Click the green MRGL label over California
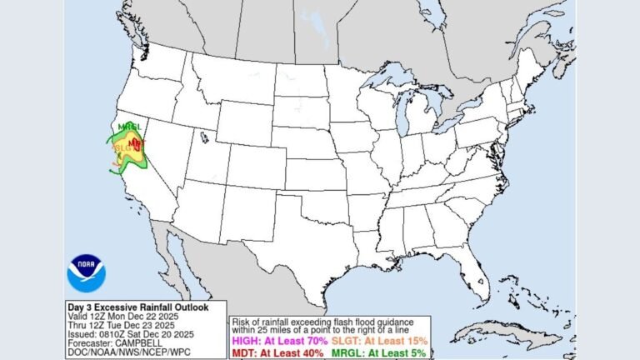pyautogui.click(x=128, y=127)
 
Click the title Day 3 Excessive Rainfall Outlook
pyautogui.click(x=127, y=307)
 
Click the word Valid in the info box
pyautogui.click(x=77, y=317)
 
